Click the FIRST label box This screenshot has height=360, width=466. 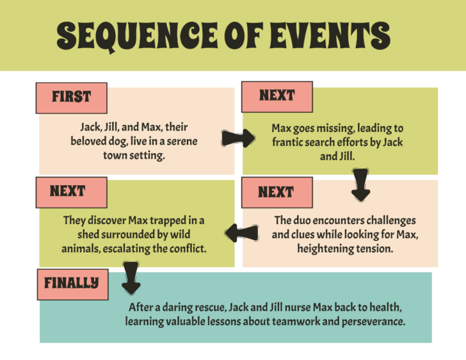(71, 97)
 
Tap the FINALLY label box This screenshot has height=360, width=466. (71, 282)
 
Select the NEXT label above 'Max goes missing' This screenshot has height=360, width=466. (277, 96)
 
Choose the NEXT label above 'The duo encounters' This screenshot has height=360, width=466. (276, 192)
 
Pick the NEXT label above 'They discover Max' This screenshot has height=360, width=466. (68, 191)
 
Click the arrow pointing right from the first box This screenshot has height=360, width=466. (237, 138)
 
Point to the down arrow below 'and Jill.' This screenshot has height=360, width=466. (361, 184)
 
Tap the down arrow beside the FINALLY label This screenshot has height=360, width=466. (131, 276)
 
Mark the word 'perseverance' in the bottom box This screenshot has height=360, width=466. (373, 322)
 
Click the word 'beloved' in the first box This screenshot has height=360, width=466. (90, 141)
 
